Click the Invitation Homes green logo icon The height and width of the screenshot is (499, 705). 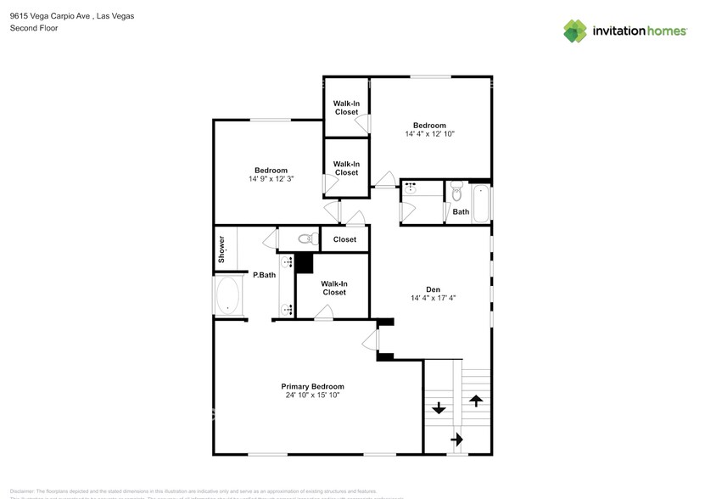coord(575,31)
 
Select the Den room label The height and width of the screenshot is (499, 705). coord(434,288)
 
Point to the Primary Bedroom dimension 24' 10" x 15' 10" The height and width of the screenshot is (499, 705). coord(312,395)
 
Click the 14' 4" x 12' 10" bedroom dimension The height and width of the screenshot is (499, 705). coord(429,134)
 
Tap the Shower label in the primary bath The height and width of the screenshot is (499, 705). coord(222,248)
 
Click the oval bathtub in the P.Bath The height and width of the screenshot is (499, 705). coord(228,297)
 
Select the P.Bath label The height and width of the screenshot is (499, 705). coord(264,275)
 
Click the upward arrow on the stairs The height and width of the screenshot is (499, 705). coord(476,400)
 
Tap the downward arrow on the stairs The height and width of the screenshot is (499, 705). coord(438,407)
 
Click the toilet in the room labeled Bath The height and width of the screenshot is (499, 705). coord(456,193)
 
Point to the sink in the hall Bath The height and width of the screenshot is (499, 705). coord(410,188)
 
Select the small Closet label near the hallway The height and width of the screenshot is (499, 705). coord(344,239)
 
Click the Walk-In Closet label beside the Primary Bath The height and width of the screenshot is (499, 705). coord(333,288)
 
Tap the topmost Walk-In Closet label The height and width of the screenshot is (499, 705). coord(345,107)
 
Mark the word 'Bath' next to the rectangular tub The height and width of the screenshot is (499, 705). coord(461,212)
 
